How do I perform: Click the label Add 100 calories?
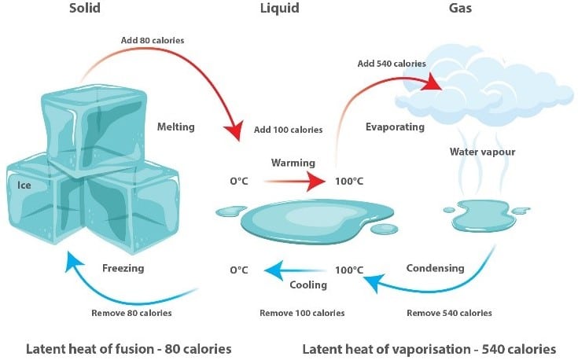pyautogui.click(x=288, y=129)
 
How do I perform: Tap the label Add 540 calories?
pyautogui.click(x=392, y=64)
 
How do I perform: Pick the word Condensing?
pyautogui.click(x=435, y=268)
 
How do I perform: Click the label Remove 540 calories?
pyautogui.click(x=449, y=313)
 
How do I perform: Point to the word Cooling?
pyautogui.click(x=308, y=285)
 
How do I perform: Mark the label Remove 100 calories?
pyautogui.click(x=302, y=313)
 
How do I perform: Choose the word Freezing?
pyautogui.click(x=123, y=268)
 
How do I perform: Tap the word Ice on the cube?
pyautogui.click(x=24, y=186)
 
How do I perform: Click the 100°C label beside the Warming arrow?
pyautogui.click(x=349, y=182)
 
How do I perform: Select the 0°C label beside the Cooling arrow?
pyautogui.click(x=239, y=270)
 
